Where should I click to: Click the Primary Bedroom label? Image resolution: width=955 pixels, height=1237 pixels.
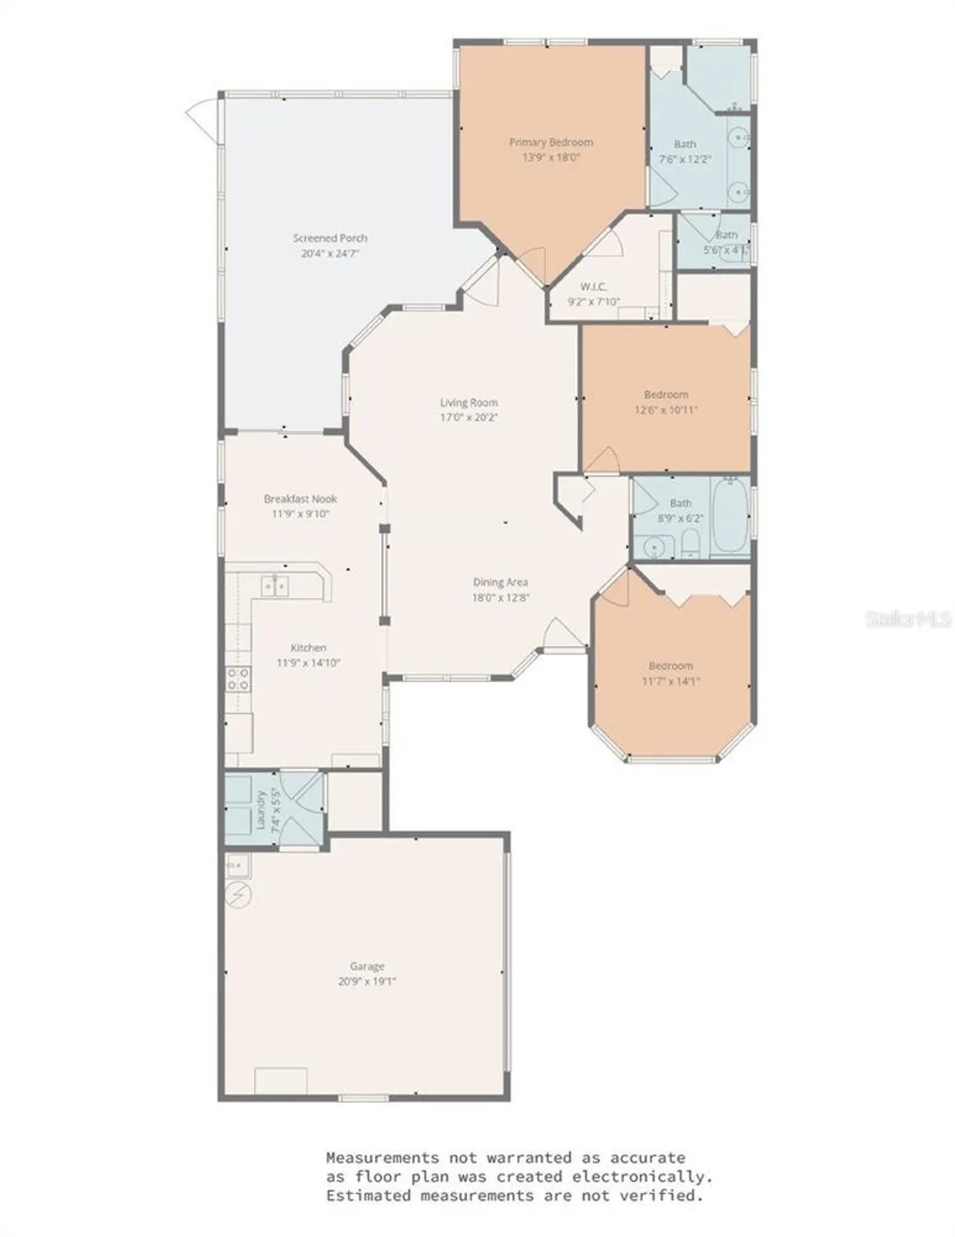pos(550,142)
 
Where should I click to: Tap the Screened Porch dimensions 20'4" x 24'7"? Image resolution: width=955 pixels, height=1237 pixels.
pos(330,254)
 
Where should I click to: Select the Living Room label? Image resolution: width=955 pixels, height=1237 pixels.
pos(468,402)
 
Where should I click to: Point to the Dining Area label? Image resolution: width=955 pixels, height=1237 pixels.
pos(500,582)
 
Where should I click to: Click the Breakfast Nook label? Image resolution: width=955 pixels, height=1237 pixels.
pos(300,499)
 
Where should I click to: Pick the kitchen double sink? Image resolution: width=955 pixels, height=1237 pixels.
pos(275,586)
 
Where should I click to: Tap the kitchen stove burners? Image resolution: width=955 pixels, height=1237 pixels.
pos(238,679)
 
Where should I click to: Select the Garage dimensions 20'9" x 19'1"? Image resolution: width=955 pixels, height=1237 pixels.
pos(367,981)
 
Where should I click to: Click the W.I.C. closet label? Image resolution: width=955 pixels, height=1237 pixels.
pos(593,287)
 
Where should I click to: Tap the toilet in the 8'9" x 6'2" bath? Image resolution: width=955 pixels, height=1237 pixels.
pos(690,543)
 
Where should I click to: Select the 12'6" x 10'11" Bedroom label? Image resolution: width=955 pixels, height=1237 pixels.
pos(666,394)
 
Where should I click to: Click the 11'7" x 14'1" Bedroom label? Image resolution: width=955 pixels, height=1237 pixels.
pos(670,666)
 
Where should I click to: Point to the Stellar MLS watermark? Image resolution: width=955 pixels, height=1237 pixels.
pos(908,618)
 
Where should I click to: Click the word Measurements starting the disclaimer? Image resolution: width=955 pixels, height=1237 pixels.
pos(382,1158)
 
